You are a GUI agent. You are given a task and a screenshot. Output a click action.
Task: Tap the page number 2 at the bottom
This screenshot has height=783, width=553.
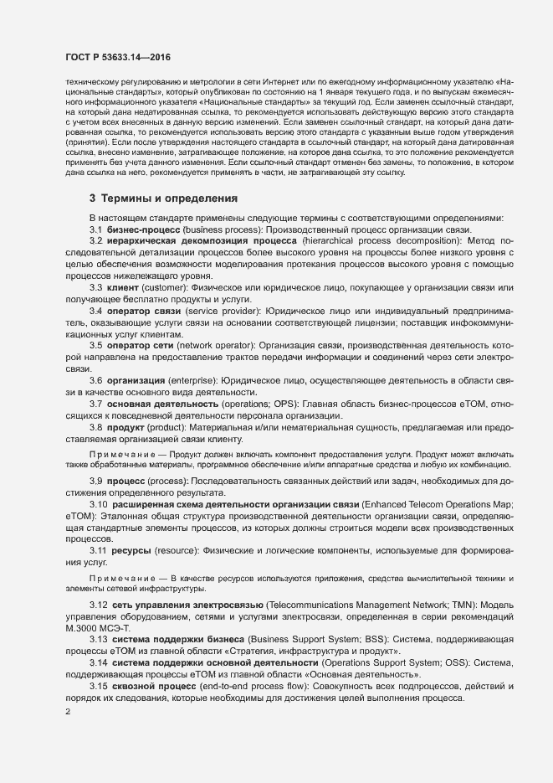click(67, 712)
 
